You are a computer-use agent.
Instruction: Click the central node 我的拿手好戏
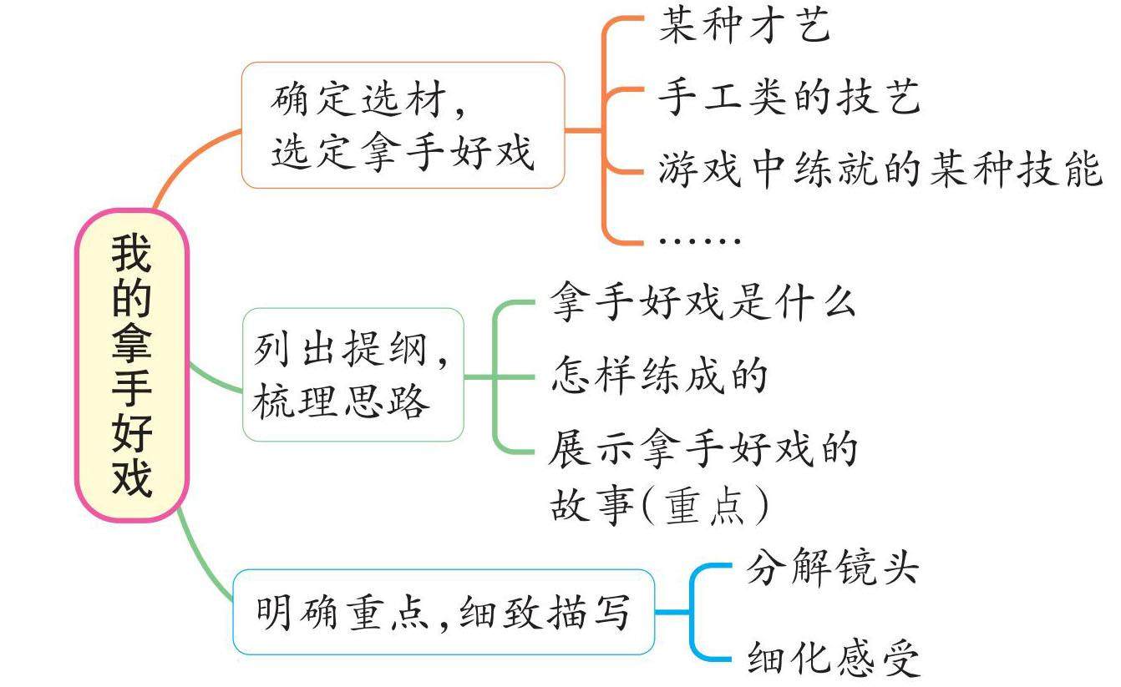(132, 366)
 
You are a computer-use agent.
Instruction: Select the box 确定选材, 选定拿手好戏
(403, 125)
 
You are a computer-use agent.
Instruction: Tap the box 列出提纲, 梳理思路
(353, 375)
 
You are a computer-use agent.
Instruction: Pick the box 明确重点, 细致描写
(443, 613)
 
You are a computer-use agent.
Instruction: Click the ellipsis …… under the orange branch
(700, 240)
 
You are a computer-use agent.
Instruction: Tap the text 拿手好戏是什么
(703, 303)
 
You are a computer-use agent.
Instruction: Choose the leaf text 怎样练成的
(658, 376)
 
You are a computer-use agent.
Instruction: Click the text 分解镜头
(832, 570)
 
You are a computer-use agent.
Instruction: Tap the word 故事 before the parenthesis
(584, 506)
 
